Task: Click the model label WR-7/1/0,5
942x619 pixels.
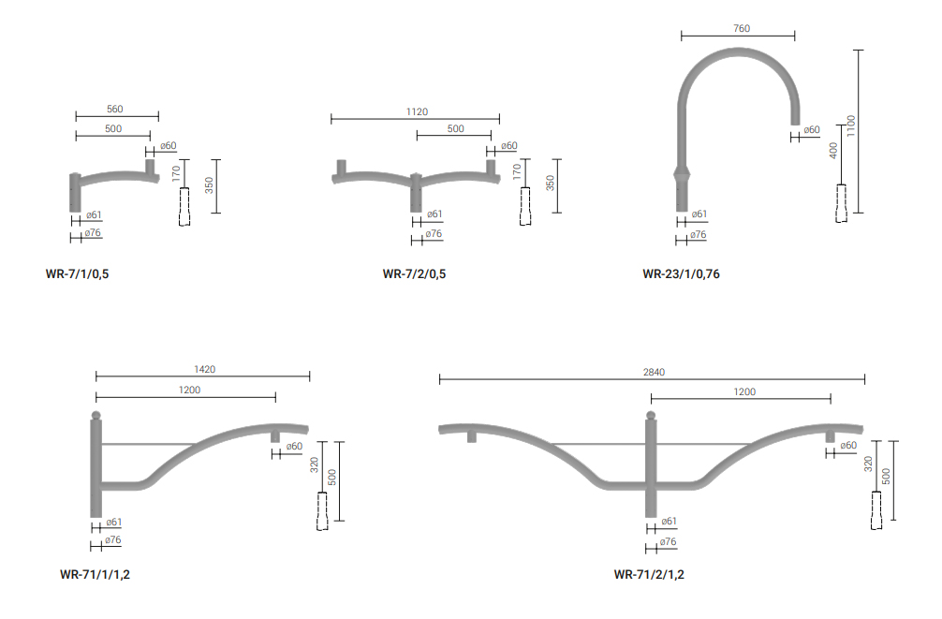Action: tap(77, 274)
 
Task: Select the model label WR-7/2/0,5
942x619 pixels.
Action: tap(414, 274)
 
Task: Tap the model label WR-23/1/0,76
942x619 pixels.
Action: tap(681, 274)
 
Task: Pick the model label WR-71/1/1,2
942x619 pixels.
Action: tap(95, 574)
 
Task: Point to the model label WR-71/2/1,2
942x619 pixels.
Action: tap(649, 574)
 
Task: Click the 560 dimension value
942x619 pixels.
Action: tap(115, 109)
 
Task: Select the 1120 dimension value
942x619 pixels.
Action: tap(417, 111)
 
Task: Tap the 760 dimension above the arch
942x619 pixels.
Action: tap(742, 28)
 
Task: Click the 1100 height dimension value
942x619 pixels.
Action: tap(850, 125)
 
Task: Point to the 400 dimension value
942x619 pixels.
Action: tap(833, 150)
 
